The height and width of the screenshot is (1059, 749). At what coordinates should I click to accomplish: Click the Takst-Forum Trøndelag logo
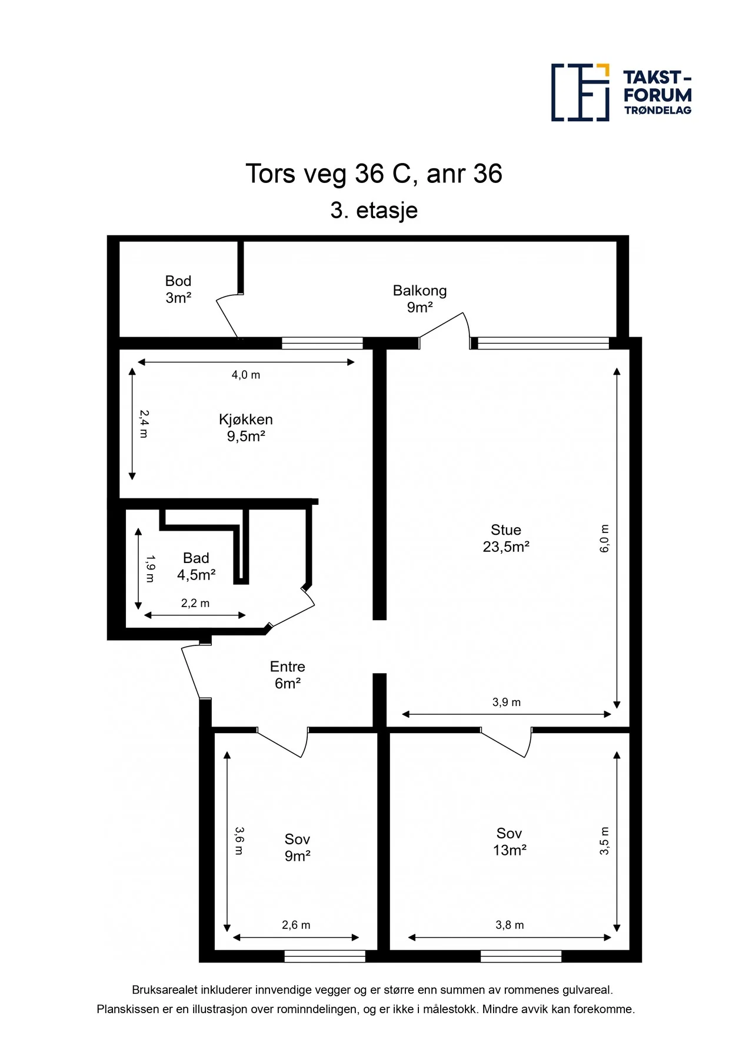(x=621, y=92)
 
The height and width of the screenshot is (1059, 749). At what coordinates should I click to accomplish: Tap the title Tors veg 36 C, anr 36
(x=374, y=174)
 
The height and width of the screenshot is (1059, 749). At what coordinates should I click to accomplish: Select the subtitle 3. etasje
(x=374, y=210)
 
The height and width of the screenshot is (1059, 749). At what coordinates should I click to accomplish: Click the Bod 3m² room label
(x=178, y=289)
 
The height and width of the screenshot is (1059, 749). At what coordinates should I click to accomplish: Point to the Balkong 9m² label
(x=420, y=299)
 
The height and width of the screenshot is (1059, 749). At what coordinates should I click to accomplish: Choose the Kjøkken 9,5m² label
(x=246, y=428)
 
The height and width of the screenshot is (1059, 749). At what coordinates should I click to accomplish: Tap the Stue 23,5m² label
(x=506, y=538)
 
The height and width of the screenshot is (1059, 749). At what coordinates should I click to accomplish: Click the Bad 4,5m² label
(x=196, y=567)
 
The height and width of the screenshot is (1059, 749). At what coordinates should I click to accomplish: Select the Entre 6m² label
(x=288, y=675)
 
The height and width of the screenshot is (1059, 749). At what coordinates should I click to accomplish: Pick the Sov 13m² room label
(x=510, y=842)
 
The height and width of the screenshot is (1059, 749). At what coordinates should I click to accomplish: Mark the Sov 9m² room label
(x=297, y=848)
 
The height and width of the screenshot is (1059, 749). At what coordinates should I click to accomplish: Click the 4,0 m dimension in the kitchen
(x=246, y=375)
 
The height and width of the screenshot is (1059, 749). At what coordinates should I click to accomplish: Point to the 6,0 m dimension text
(x=604, y=538)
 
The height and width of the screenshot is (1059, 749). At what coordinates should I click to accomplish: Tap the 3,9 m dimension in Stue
(x=507, y=702)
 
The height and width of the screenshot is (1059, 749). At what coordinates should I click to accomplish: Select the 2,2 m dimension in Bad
(x=195, y=603)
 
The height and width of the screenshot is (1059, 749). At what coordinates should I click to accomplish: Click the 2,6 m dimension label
(x=296, y=925)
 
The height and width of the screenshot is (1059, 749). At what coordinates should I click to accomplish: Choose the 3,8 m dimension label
(x=510, y=925)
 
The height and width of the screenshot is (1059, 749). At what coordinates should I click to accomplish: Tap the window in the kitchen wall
(x=322, y=343)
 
